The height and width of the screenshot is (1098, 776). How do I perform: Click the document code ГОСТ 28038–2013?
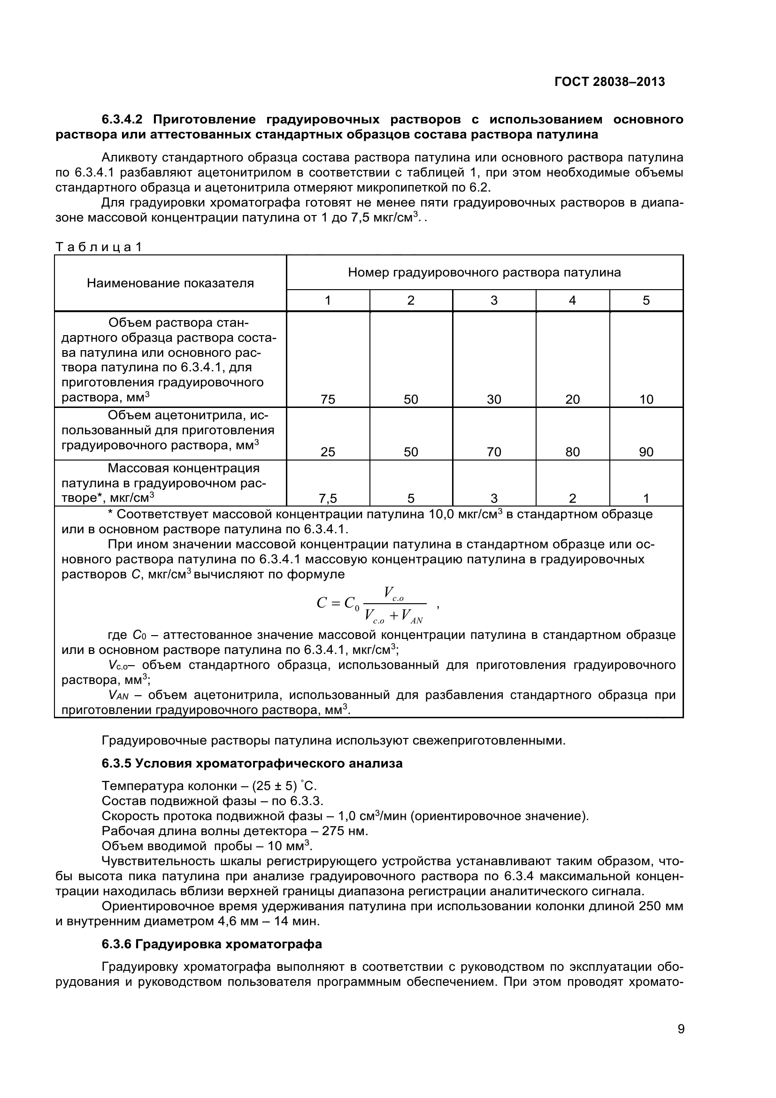(x=609, y=82)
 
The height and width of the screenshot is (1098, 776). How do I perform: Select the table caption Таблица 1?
(x=99, y=247)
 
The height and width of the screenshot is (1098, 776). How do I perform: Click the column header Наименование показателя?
(x=170, y=283)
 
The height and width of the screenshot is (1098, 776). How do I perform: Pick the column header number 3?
(x=494, y=300)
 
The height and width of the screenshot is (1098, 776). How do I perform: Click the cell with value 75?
(x=328, y=399)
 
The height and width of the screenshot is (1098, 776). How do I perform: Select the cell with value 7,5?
(x=328, y=499)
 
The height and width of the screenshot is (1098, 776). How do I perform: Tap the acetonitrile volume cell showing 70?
(x=494, y=452)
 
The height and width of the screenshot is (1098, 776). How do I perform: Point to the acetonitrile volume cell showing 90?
(x=646, y=452)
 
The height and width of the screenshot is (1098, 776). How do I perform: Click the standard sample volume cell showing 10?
(x=646, y=399)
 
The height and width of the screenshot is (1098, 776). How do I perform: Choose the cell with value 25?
(x=328, y=452)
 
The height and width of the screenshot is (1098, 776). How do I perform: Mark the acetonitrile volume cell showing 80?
(x=572, y=452)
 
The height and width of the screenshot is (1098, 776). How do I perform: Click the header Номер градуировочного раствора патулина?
(x=484, y=272)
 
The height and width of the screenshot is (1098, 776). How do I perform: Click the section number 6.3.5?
(x=116, y=763)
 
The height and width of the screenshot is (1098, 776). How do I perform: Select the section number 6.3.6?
(x=116, y=944)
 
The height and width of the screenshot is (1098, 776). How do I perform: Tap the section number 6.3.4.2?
(x=125, y=119)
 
